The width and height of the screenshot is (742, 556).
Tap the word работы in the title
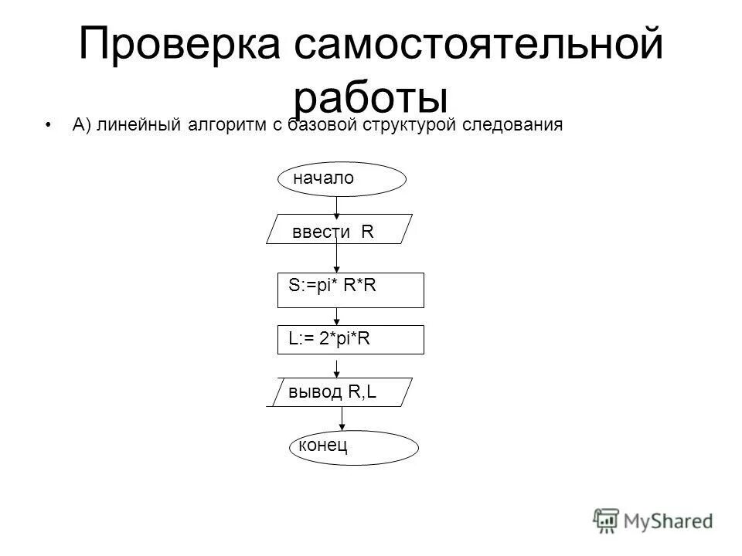pyautogui.click(x=371, y=99)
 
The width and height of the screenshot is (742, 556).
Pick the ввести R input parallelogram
pyautogui.click(x=340, y=229)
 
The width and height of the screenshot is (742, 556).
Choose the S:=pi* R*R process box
pyautogui.click(x=351, y=290)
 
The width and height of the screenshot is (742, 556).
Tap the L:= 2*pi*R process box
pyautogui.click(x=351, y=339)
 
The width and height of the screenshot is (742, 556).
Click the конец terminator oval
pyautogui.click(x=353, y=446)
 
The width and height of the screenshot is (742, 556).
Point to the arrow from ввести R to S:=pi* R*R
pyautogui.click(x=337, y=258)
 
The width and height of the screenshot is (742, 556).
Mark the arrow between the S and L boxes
pyautogui.click(x=337, y=316)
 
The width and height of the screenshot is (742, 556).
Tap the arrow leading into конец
pyautogui.click(x=342, y=418)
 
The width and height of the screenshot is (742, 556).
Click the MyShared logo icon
pyautogui.click(x=606, y=520)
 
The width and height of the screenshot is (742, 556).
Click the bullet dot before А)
pyautogui.click(x=49, y=126)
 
